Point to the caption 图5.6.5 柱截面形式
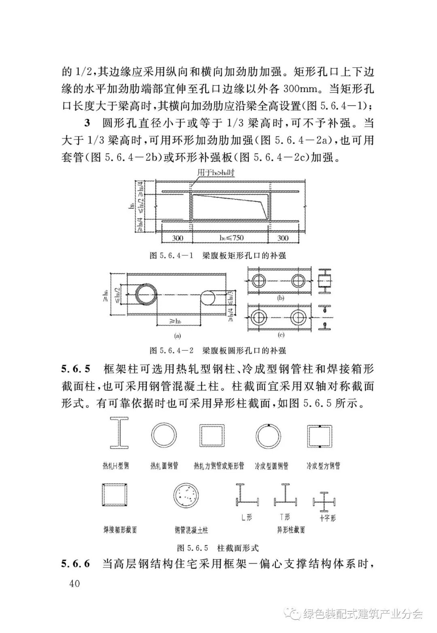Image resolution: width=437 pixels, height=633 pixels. point(218,548)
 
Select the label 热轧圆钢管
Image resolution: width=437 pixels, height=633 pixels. point(164,466)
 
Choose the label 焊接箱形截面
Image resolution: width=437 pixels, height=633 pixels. point(120,529)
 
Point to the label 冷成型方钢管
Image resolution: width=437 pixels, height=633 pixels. point(323,466)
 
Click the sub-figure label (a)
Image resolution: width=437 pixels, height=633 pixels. point(177,335)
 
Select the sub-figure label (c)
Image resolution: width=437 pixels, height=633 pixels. point(281,335)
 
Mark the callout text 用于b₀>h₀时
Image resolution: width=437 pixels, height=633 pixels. point(216,173)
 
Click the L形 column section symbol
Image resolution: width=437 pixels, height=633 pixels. point(246,496)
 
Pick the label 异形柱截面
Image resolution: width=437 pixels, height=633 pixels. point(291,530)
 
